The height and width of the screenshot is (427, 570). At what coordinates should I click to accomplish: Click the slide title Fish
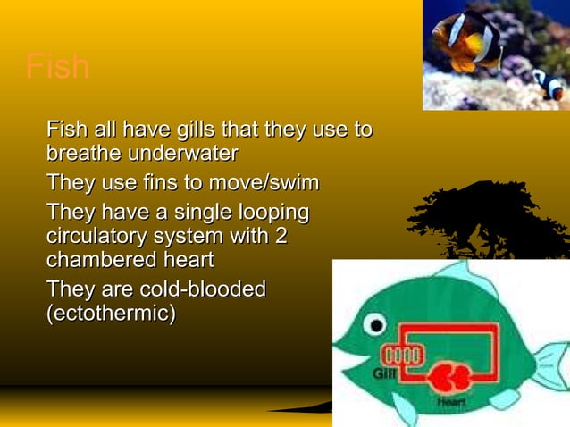(x=58, y=67)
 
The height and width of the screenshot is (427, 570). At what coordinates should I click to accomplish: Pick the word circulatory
(x=97, y=238)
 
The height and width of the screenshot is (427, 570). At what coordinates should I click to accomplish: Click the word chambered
(x=98, y=261)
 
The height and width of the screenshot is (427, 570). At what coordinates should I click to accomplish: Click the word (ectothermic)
(x=111, y=314)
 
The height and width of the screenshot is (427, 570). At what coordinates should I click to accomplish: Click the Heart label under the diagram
(x=451, y=404)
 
